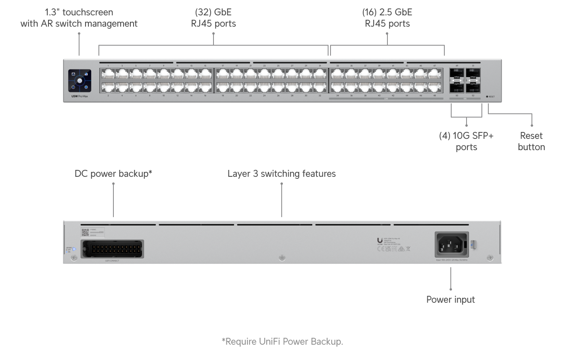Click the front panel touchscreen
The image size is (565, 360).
[x=80, y=81]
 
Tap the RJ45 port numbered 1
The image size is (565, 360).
[x=108, y=73]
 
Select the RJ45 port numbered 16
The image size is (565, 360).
[x=205, y=87]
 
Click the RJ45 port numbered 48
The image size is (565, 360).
[x=434, y=87]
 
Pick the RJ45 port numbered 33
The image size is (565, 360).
[x=337, y=73]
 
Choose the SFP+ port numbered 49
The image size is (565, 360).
[x=457, y=73]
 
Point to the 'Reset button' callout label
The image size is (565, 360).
[x=531, y=141]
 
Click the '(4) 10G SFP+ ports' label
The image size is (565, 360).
[x=466, y=141]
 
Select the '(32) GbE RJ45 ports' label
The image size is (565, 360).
[x=213, y=18]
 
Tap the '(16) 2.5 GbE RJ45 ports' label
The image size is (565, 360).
[x=387, y=18]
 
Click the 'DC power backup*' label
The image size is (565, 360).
[x=113, y=174]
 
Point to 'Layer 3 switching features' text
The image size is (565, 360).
[x=281, y=174]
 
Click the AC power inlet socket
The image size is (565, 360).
[x=451, y=244]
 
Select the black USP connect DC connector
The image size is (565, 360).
[x=112, y=249]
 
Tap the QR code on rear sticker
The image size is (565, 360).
[x=85, y=232]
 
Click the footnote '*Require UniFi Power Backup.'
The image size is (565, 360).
[x=282, y=341]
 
